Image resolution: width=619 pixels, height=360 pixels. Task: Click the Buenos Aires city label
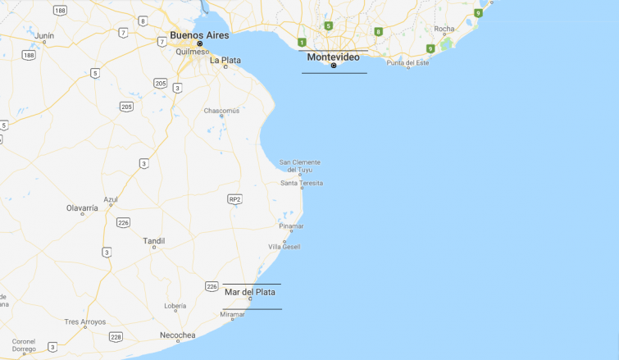pos(199,35)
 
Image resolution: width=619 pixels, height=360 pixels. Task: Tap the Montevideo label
pos(333,57)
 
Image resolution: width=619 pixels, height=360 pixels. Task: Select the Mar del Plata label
pos(250,292)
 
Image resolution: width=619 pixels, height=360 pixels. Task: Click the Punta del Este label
pos(407,63)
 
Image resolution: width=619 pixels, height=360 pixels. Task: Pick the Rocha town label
pos(444,29)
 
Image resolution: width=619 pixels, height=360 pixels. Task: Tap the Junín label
pos(44,35)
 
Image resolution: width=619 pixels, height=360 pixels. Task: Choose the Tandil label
pos(153,241)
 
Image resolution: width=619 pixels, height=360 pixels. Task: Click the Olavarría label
pos(82,208)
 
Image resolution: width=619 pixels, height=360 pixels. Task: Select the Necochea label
pos(177,335)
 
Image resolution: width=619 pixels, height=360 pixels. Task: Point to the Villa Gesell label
pos(284,246)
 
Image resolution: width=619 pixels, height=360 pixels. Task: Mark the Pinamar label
pos(291,226)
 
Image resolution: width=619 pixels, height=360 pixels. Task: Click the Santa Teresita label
pos(301,183)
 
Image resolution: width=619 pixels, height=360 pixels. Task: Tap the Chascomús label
pos(221,111)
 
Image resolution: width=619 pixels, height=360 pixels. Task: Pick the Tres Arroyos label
pos(85,322)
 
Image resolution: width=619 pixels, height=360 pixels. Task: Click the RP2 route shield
pos(235,199)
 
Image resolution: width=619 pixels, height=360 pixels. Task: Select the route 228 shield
pos(116,336)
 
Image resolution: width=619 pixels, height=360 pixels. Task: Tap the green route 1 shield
pos(302,43)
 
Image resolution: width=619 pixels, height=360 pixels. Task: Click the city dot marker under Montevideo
pos(334,66)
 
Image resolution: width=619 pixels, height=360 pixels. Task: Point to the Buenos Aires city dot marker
pos(199,44)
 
